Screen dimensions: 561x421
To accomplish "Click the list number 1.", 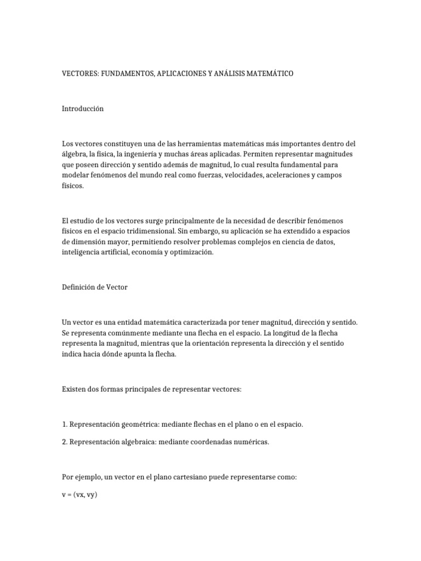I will pos(64,425).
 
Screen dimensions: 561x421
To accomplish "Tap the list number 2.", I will pos(64,442).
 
